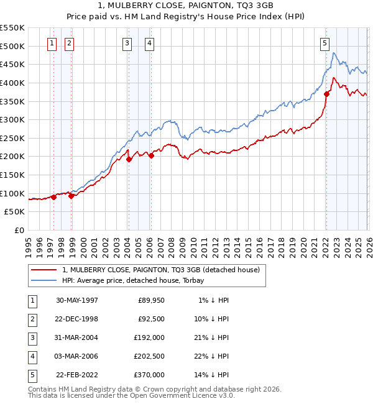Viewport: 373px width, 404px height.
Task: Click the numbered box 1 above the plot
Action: (51, 43)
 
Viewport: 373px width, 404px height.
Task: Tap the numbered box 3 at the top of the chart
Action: (127, 43)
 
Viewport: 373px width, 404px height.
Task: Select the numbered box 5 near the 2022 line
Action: (325, 43)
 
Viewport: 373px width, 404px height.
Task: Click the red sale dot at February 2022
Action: (326, 94)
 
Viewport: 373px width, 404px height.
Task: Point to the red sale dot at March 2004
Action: (129, 159)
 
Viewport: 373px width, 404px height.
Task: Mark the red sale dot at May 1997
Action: (54, 197)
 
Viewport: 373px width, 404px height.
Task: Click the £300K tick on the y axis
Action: (12, 119)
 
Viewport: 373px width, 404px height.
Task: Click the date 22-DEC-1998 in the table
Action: (77, 319)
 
